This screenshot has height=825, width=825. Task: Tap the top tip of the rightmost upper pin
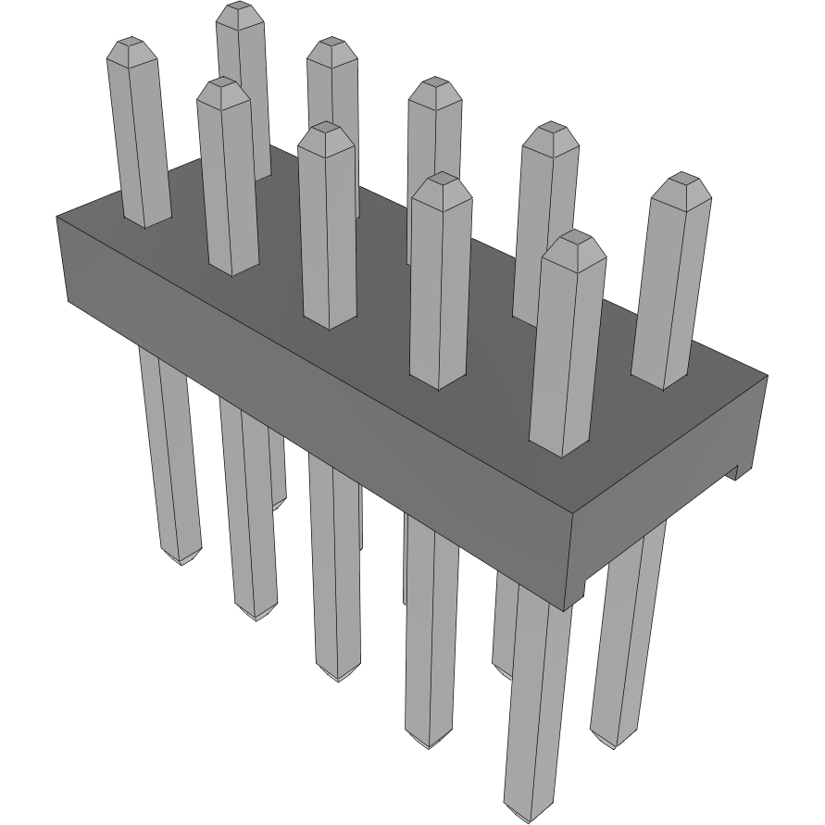682,179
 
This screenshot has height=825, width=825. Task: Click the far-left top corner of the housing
57,216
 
